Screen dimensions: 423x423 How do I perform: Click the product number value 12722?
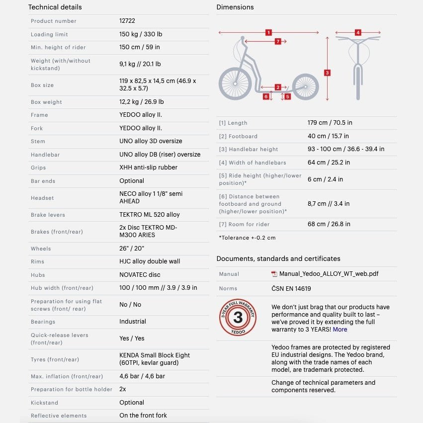pos(127,21)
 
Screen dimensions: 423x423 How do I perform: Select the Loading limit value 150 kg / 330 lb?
pos(141,34)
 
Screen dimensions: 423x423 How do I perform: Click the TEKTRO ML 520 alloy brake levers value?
pos(150,215)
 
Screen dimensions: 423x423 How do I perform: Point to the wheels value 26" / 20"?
pos(132,248)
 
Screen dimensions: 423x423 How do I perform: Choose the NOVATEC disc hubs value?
pos(140,274)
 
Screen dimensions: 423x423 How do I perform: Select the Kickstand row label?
pos(44,403)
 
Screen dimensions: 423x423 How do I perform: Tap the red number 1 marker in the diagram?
pos(268,32)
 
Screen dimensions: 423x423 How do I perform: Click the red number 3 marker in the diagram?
pos(327,73)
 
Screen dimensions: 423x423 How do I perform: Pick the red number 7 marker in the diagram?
pos(278,41)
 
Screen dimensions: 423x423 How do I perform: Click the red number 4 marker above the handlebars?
pos(358,32)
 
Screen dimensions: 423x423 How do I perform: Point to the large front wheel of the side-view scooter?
pos(235,83)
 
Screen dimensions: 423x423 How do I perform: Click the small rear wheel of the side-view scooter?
pos(305,86)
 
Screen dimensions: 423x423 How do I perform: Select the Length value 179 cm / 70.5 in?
pos(330,123)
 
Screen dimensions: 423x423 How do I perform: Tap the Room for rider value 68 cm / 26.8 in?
pos(329,224)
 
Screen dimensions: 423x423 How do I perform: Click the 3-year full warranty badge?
pos(238,317)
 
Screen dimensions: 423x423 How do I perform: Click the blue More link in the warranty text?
pos(340,330)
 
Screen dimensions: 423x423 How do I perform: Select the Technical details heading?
pos(55,7)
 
